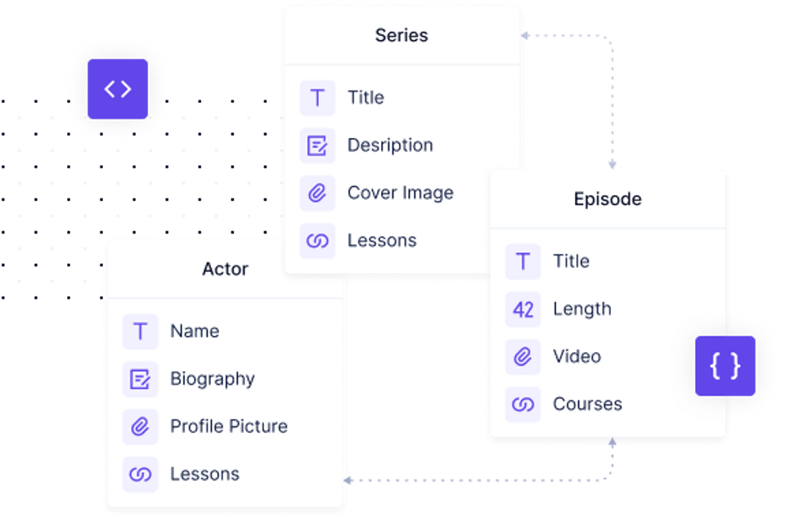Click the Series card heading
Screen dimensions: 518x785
coord(401,35)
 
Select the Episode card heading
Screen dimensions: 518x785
coord(608,199)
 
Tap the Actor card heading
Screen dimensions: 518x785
coord(225,269)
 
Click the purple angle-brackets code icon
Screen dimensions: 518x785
coord(118,89)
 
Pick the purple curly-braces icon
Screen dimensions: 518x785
coord(725,366)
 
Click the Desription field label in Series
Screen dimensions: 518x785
coord(390,145)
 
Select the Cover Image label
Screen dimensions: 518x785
coord(400,193)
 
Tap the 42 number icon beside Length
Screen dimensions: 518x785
coord(523,310)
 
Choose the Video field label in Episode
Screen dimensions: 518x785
coord(576,356)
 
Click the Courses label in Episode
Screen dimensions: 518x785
coord(587,404)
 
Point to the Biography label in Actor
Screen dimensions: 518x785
coord(212,379)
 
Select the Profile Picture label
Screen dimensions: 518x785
coord(228,426)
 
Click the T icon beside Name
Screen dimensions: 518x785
coord(141,332)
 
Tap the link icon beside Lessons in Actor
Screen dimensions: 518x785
coord(141,475)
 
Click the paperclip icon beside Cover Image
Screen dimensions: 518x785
coord(317,194)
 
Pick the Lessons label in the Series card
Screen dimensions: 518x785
coord(382,240)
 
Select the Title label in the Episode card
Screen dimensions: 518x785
coord(571,261)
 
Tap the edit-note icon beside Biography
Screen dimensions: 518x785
coord(141,379)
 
